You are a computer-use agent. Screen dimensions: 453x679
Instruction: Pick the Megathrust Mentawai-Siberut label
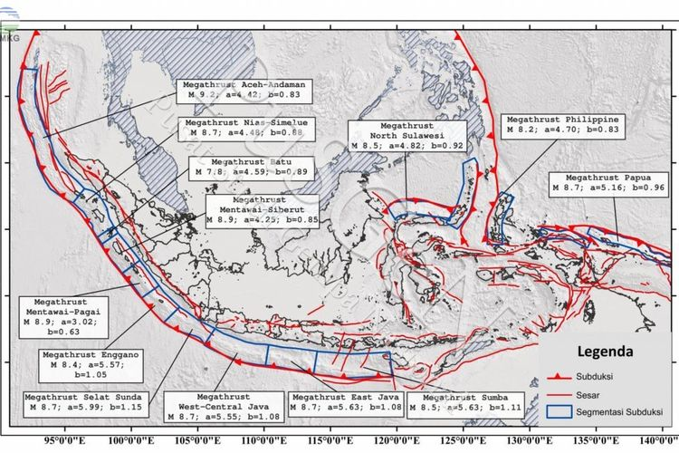click(x=262, y=207)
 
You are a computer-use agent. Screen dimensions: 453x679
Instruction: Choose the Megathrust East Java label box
click(x=341, y=404)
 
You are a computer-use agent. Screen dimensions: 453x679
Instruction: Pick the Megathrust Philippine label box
click(x=561, y=125)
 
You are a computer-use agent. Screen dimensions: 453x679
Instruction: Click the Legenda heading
click(x=604, y=349)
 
